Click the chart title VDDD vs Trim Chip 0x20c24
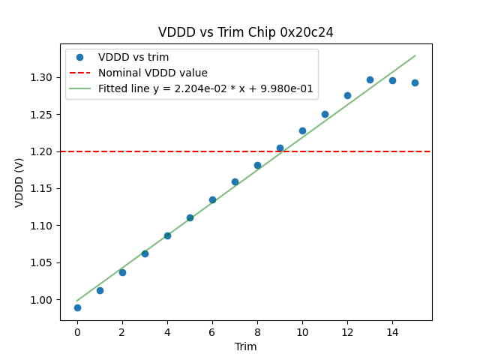coord(245,32)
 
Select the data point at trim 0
coord(77,307)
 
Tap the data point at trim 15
coord(415,82)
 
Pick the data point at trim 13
coord(370,79)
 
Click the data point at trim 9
coord(280,148)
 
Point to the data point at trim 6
coord(212,199)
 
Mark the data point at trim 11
coord(325,114)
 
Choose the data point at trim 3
coord(145,253)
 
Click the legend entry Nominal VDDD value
coord(152,73)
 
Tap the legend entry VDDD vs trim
coord(133,58)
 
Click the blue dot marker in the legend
coord(79,58)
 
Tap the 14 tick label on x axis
coord(392,331)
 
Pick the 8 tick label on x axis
coord(257,331)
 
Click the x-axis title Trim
coord(245,346)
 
